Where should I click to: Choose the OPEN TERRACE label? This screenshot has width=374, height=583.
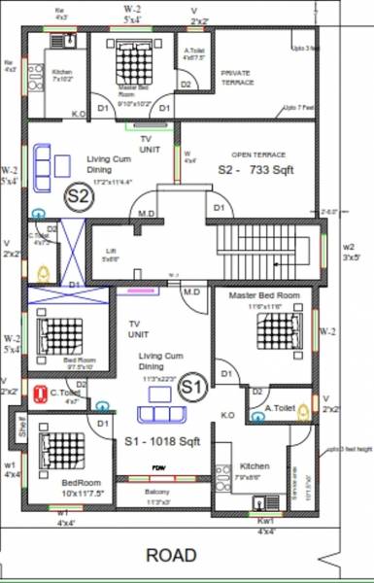[x=256, y=154]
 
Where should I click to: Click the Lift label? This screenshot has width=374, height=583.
[x=111, y=255]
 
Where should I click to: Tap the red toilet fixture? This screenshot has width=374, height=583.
[x=41, y=394]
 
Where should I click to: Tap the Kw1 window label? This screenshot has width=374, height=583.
[x=264, y=522]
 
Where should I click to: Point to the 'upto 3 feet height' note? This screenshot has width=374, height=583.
[x=346, y=450]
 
